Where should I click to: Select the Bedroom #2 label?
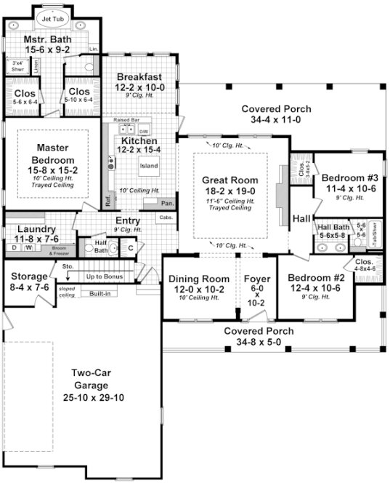coord(316,278)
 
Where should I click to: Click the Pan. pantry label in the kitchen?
coord(167,203)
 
